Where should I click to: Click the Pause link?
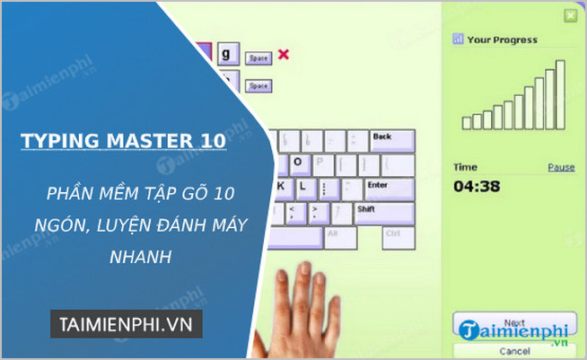pos(561,168)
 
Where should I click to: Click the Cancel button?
pos(513,350)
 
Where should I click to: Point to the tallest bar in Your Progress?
pos(561,95)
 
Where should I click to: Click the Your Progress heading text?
pos(502,40)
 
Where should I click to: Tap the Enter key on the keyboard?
pos(386,188)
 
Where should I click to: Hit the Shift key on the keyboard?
pos(383,211)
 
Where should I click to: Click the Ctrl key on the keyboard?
pos(391,235)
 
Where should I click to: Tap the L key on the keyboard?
pos(303,188)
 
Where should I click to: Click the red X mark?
pos(284,55)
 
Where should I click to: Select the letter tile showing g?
pos(228,54)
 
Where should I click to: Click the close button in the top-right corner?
pos(569,16)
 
